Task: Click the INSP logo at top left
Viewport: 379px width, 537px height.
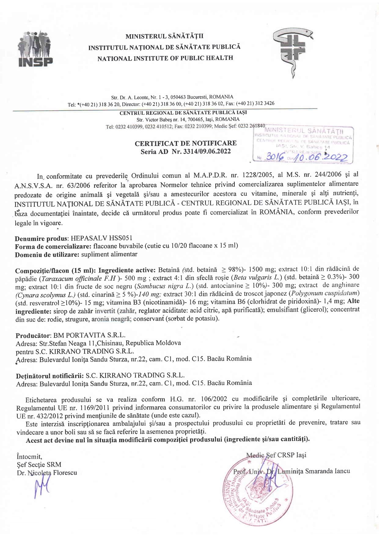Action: (35, 49)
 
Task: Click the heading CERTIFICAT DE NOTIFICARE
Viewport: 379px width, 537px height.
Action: (186, 143)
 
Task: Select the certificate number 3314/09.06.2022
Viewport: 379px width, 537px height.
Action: (207, 151)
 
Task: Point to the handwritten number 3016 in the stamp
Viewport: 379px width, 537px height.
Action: (275, 157)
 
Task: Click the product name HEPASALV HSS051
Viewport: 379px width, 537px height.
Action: (101, 238)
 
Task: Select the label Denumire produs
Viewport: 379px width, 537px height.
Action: (42, 239)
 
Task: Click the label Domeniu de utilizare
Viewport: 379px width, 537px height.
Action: (47, 255)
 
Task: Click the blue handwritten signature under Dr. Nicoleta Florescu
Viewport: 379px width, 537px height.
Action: (42, 487)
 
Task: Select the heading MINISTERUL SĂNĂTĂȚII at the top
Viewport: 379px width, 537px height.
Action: (164, 36)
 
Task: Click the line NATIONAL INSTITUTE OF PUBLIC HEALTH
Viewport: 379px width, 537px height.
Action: (165, 58)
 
